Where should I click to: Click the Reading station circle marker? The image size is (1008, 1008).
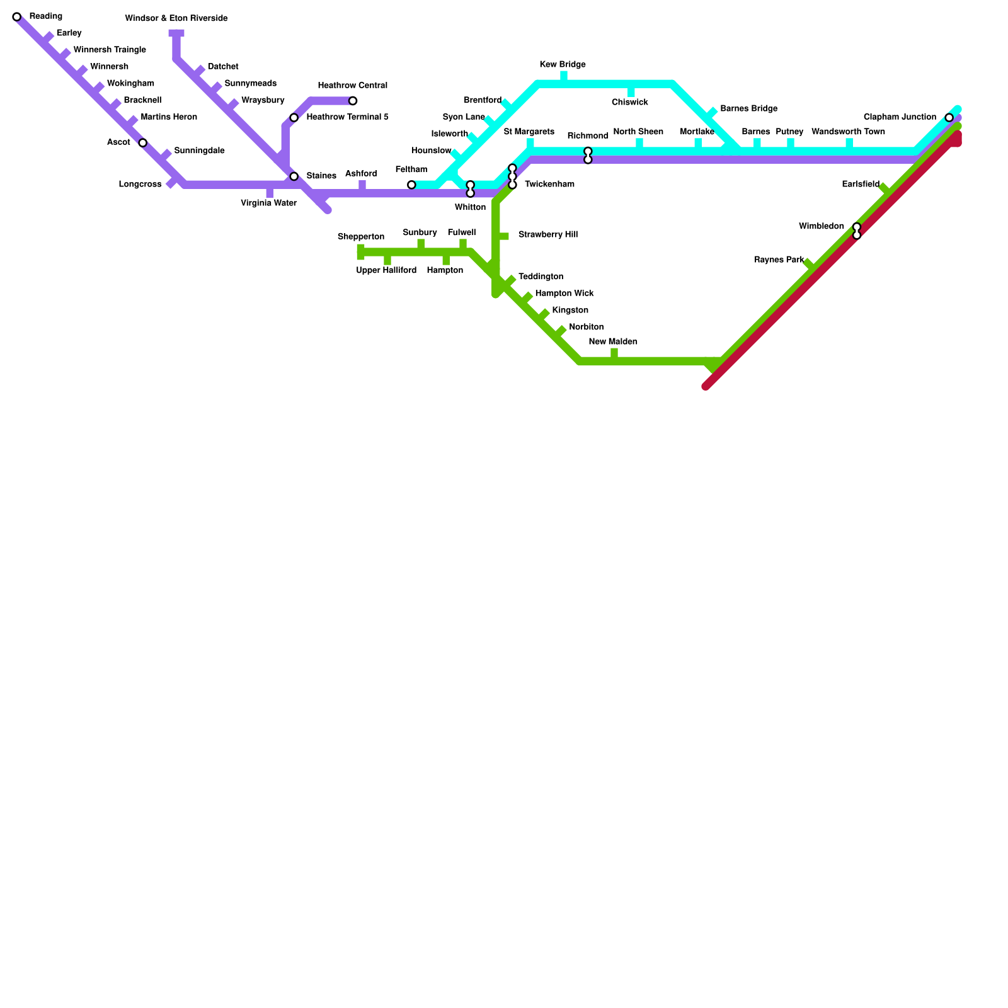[17, 17]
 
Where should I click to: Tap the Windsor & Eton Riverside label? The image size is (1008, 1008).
[176, 19]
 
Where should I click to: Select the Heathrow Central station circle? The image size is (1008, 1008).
[353, 101]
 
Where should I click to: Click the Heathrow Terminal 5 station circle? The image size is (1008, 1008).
[294, 118]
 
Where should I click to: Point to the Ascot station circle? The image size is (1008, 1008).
[143, 143]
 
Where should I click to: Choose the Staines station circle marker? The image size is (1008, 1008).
[294, 176]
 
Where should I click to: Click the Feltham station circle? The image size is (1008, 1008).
[411, 185]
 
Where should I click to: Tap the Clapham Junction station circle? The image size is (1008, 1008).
[949, 118]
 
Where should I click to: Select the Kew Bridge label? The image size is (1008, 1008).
[563, 65]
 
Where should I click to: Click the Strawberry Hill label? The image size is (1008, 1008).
[547, 235]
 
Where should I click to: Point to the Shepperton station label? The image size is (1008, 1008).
[361, 237]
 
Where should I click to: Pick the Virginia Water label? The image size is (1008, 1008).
[268, 203]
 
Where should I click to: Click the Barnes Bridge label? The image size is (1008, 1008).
[748, 109]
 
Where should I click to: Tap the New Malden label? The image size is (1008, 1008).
[613, 342]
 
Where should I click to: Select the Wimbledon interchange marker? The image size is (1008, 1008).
[857, 231]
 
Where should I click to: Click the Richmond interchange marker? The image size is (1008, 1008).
[588, 156]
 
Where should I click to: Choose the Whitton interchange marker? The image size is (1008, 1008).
[471, 189]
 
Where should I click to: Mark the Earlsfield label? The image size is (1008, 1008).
[861, 185]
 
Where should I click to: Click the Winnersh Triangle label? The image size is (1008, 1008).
[110, 50]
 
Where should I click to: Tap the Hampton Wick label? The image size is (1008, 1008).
[564, 294]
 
